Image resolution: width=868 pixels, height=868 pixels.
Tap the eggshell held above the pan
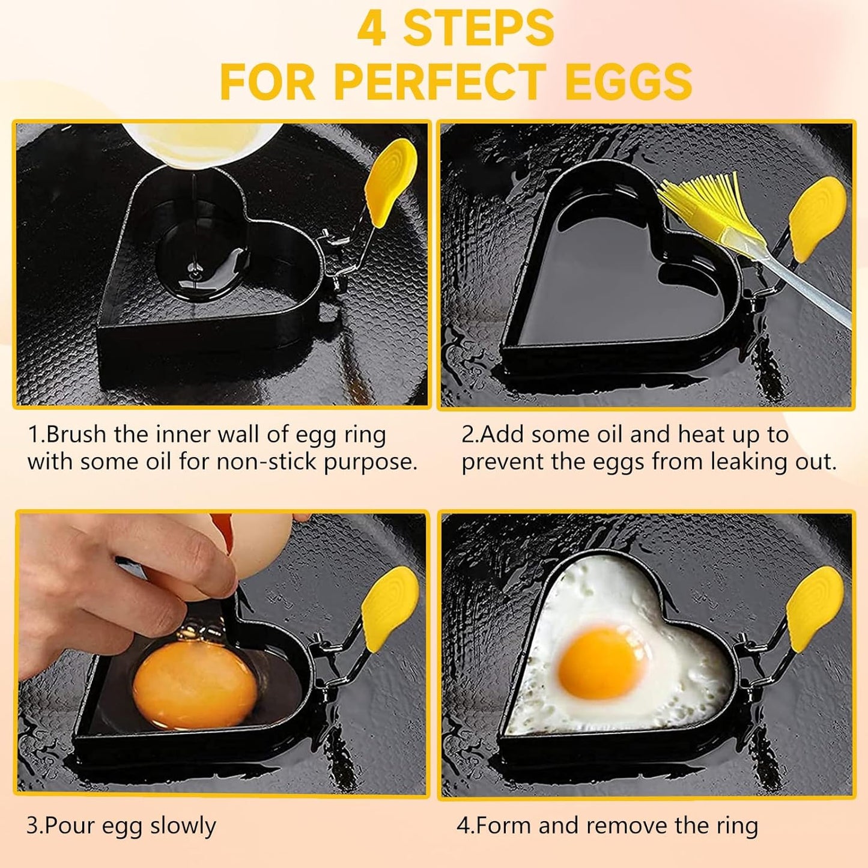point(264,532)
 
